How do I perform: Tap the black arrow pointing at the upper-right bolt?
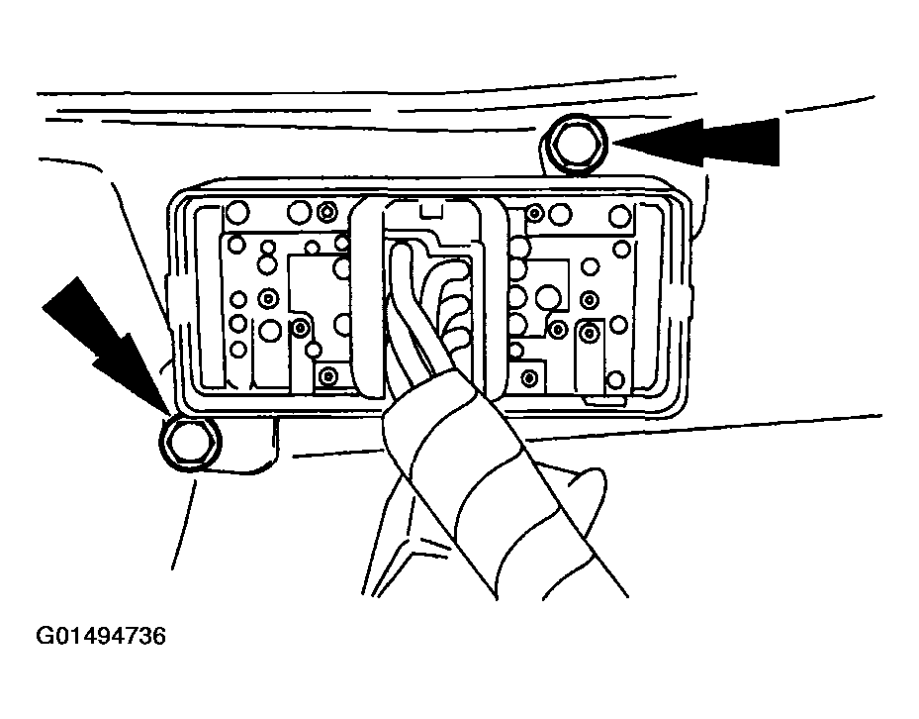point(697,142)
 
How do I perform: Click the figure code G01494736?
point(101,636)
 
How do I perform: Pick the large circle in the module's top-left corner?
point(237,213)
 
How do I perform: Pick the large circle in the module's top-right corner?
point(619,216)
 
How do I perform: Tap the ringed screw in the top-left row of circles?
point(326,212)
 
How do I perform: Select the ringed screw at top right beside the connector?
point(534,214)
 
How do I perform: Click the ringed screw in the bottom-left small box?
point(327,375)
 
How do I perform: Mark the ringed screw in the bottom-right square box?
point(529,378)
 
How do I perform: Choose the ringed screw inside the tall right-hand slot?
point(589,334)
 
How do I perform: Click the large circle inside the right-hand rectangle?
point(548,296)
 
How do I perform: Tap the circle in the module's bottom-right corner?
point(615,379)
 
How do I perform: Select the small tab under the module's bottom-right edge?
point(603,401)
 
